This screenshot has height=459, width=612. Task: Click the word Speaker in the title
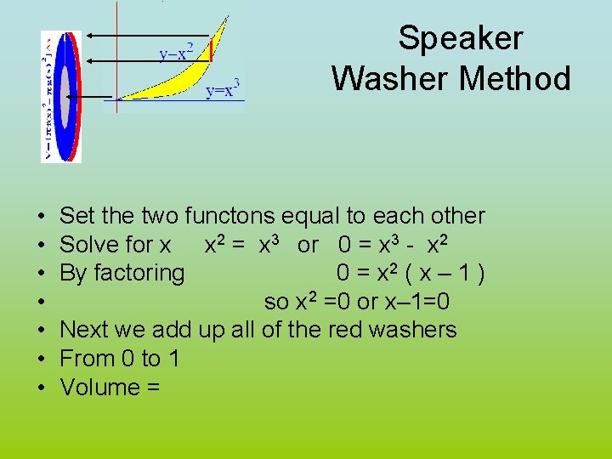[461, 39]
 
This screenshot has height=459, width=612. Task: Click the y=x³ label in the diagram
[225, 88]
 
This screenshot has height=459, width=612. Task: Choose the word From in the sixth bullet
[88, 359]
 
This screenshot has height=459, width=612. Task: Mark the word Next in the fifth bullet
[85, 330]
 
